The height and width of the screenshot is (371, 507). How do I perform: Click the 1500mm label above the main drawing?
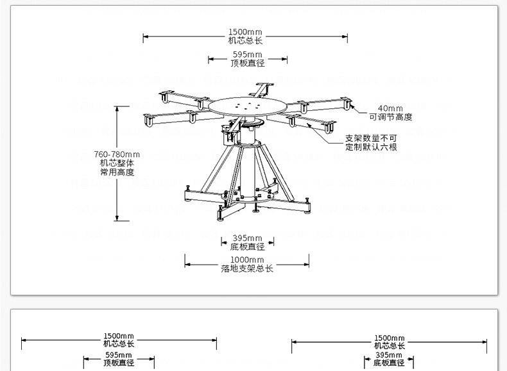(x=245, y=32)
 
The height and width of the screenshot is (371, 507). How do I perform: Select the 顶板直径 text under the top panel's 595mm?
(x=247, y=63)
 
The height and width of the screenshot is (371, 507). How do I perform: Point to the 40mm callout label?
(x=390, y=108)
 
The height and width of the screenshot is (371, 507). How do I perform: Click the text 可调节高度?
(x=390, y=117)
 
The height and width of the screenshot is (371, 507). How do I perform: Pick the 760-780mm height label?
(x=116, y=154)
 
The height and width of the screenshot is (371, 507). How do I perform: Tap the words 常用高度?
(x=116, y=172)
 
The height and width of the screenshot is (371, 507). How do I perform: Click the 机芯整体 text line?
(x=116, y=163)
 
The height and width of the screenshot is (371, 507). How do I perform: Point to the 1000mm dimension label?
(x=247, y=260)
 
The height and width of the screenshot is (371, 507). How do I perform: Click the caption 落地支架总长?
(x=247, y=268)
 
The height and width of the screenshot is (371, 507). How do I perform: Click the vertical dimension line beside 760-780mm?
(x=117, y=192)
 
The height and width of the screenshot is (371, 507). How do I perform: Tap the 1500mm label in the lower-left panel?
(x=119, y=336)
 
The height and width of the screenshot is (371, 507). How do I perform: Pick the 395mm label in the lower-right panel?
(x=389, y=355)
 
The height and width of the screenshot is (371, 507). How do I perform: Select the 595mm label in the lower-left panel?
(x=119, y=354)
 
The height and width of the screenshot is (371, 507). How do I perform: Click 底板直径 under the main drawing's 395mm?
(x=247, y=247)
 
